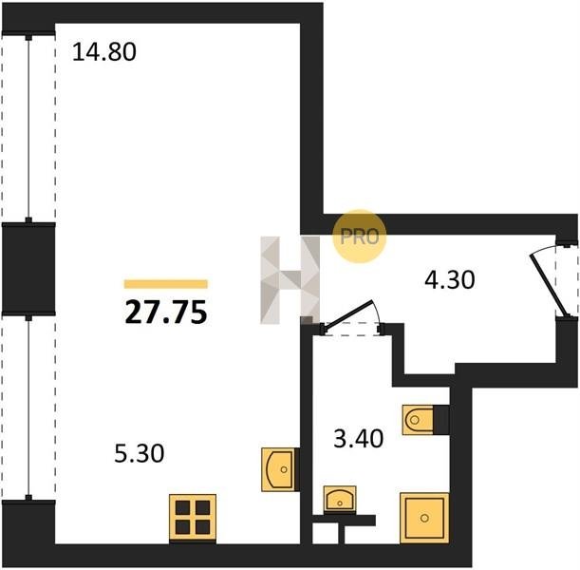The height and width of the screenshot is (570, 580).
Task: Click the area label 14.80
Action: (x=104, y=52)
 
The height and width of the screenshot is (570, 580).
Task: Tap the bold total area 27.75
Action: (x=166, y=312)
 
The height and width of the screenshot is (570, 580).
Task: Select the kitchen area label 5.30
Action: (x=140, y=453)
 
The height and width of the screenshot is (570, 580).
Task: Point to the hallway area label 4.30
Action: (x=450, y=280)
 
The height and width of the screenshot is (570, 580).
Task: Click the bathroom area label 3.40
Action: (x=359, y=439)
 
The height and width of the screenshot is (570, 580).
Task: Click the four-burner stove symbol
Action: (x=193, y=518)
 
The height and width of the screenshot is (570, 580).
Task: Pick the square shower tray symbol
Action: (x=424, y=518)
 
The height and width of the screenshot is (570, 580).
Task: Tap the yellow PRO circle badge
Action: (x=360, y=237)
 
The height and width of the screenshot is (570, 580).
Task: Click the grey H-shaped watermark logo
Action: (x=290, y=280)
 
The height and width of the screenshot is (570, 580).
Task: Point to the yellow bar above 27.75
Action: (x=166, y=284)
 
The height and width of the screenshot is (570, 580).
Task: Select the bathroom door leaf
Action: (x=347, y=313)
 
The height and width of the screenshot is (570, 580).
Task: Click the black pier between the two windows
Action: (x=28, y=269)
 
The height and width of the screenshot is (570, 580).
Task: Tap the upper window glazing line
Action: (x=28, y=128)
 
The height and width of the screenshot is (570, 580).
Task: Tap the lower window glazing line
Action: (x=28, y=408)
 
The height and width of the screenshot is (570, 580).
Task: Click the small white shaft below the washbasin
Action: (x=325, y=533)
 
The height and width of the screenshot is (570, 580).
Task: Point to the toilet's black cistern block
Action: (x=440, y=420)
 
